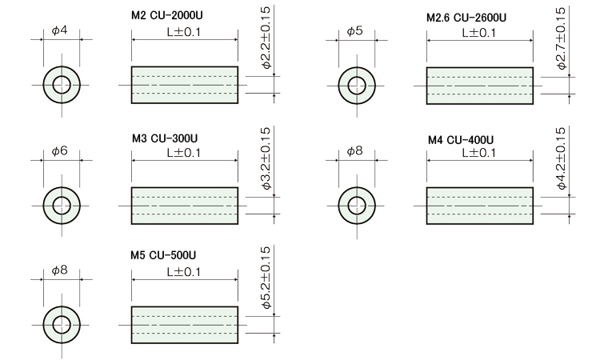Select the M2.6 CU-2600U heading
click(x=466, y=18)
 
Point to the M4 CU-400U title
click(x=461, y=139)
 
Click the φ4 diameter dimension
click(x=59, y=31)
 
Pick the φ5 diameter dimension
click(x=355, y=31)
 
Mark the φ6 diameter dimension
click(x=59, y=150)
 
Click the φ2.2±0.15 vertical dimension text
click(x=266, y=36)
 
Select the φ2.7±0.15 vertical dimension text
click(x=562, y=38)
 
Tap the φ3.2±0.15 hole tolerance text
click(x=266, y=158)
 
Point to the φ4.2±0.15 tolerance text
click(x=562, y=158)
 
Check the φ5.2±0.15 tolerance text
click(x=266, y=278)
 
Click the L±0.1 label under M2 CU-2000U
click(x=184, y=32)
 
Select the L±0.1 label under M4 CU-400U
click(x=479, y=152)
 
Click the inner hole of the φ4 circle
click(x=62, y=84)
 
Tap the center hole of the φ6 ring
click(x=62, y=205)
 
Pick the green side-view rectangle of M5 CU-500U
click(x=184, y=324)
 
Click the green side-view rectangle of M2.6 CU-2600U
click(x=479, y=84)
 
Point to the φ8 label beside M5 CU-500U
click(x=59, y=270)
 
